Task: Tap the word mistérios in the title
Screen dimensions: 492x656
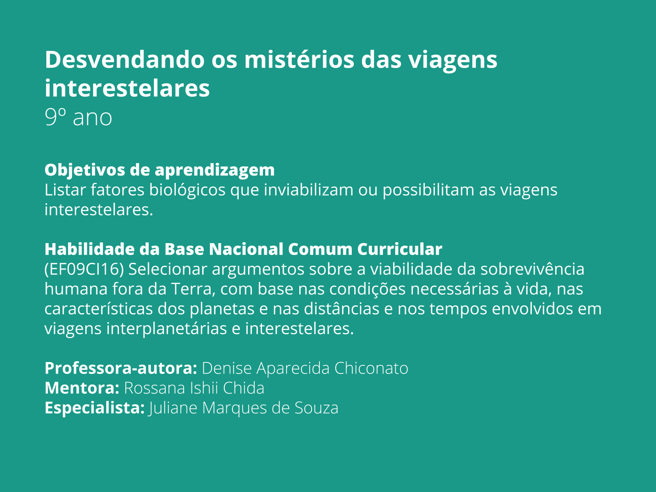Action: click(299, 59)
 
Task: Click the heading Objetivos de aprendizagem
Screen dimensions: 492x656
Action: click(159, 170)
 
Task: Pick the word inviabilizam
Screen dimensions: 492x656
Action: click(308, 190)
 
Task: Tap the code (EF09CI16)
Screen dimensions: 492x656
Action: click(84, 269)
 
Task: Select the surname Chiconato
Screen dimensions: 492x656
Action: click(371, 368)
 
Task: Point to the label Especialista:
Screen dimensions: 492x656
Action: click(95, 408)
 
